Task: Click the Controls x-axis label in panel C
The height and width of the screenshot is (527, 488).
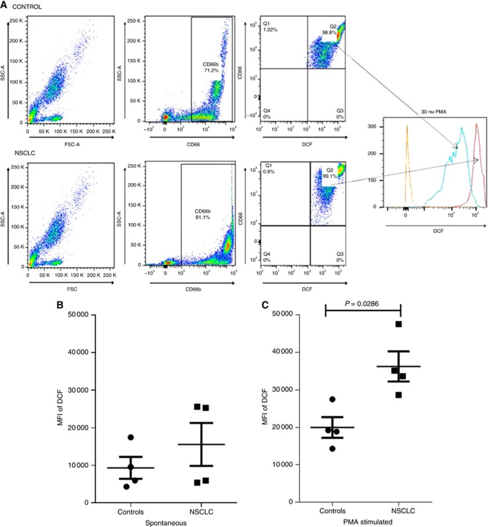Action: (x=327, y=512)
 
